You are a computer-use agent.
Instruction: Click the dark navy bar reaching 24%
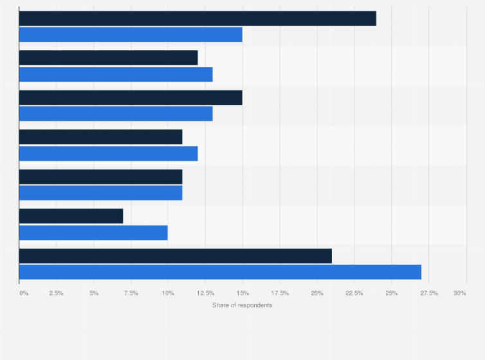(197, 18)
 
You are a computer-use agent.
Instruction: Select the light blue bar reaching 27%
(220, 272)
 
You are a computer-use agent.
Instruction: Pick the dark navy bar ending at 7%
(71, 216)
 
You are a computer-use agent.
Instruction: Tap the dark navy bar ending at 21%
(176, 256)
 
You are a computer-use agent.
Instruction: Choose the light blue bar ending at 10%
(93, 232)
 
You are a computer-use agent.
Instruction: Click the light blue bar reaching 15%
(131, 34)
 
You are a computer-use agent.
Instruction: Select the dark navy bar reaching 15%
(131, 97)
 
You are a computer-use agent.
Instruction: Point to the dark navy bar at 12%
(108, 58)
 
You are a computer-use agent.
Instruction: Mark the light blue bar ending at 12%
(108, 153)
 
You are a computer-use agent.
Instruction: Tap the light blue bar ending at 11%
(100, 193)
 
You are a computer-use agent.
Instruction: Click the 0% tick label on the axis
(24, 293)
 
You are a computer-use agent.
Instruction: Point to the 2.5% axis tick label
(56, 293)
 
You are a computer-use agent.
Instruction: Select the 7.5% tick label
(131, 293)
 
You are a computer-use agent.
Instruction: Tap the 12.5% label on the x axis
(205, 293)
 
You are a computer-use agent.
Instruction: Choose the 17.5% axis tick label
(280, 293)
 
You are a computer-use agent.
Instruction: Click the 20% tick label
(316, 293)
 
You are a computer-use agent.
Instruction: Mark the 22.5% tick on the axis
(354, 293)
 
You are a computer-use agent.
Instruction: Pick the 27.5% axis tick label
(428, 293)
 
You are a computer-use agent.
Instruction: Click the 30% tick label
(459, 293)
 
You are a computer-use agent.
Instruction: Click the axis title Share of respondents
(242, 305)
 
